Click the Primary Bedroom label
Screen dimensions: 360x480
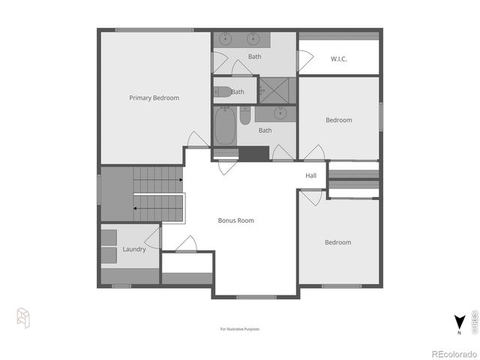(154, 97)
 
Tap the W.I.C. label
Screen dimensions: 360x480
(339, 58)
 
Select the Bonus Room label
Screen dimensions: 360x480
(235, 220)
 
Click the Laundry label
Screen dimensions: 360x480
(133, 250)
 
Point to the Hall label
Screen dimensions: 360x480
(311, 176)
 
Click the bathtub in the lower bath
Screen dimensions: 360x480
(224, 127)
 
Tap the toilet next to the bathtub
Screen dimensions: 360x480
(245, 116)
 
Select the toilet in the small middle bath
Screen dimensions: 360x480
(223, 92)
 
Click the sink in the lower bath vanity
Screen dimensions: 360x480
(280, 114)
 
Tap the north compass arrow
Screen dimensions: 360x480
(457, 322)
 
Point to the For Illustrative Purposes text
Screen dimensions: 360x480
(240, 328)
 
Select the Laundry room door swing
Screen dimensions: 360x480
(152, 238)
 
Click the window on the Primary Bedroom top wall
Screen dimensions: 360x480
(154, 30)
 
